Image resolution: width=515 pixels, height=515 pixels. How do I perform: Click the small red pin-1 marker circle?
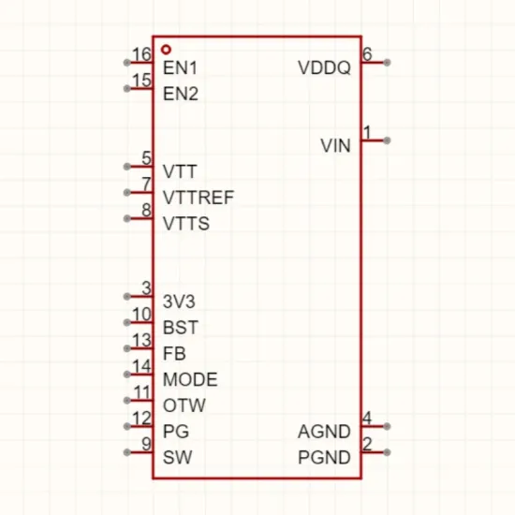167,50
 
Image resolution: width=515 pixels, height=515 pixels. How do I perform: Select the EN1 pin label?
180,68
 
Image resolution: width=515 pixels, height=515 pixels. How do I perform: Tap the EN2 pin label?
181,94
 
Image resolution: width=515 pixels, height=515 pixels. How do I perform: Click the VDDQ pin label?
324,68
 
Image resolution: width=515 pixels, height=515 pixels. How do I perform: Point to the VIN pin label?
335,146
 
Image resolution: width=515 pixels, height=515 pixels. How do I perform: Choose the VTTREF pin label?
199,198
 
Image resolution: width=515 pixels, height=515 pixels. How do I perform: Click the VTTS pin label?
186,224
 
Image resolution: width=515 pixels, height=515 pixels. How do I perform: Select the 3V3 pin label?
179,302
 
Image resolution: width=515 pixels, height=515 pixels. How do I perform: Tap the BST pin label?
181,328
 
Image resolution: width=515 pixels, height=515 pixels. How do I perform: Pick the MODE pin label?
190,379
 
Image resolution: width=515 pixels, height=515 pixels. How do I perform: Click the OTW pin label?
184,405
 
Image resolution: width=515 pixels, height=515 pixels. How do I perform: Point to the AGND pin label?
324,432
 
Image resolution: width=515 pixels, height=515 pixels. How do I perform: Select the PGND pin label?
324,458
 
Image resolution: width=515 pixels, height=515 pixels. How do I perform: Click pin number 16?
141,54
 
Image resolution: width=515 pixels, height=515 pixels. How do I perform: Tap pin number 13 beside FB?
141,340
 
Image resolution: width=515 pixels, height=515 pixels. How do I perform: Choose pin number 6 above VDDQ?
367,54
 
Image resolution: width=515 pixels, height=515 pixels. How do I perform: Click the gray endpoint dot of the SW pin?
126,452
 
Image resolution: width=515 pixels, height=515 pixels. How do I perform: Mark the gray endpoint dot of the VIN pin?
388,140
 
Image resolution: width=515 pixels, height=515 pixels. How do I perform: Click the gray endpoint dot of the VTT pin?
126,167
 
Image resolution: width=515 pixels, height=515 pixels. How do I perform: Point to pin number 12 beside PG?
141,419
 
